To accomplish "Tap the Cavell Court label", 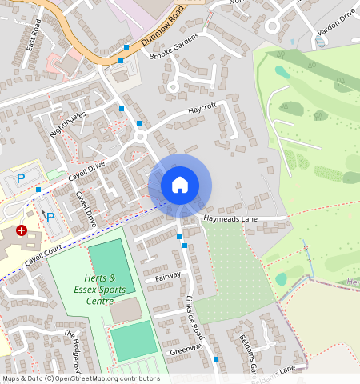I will click(x=44, y=256).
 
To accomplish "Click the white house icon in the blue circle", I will click(x=180, y=185).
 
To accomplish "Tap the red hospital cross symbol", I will click(x=22, y=230).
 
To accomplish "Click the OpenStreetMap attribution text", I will click(x=80, y=378).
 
